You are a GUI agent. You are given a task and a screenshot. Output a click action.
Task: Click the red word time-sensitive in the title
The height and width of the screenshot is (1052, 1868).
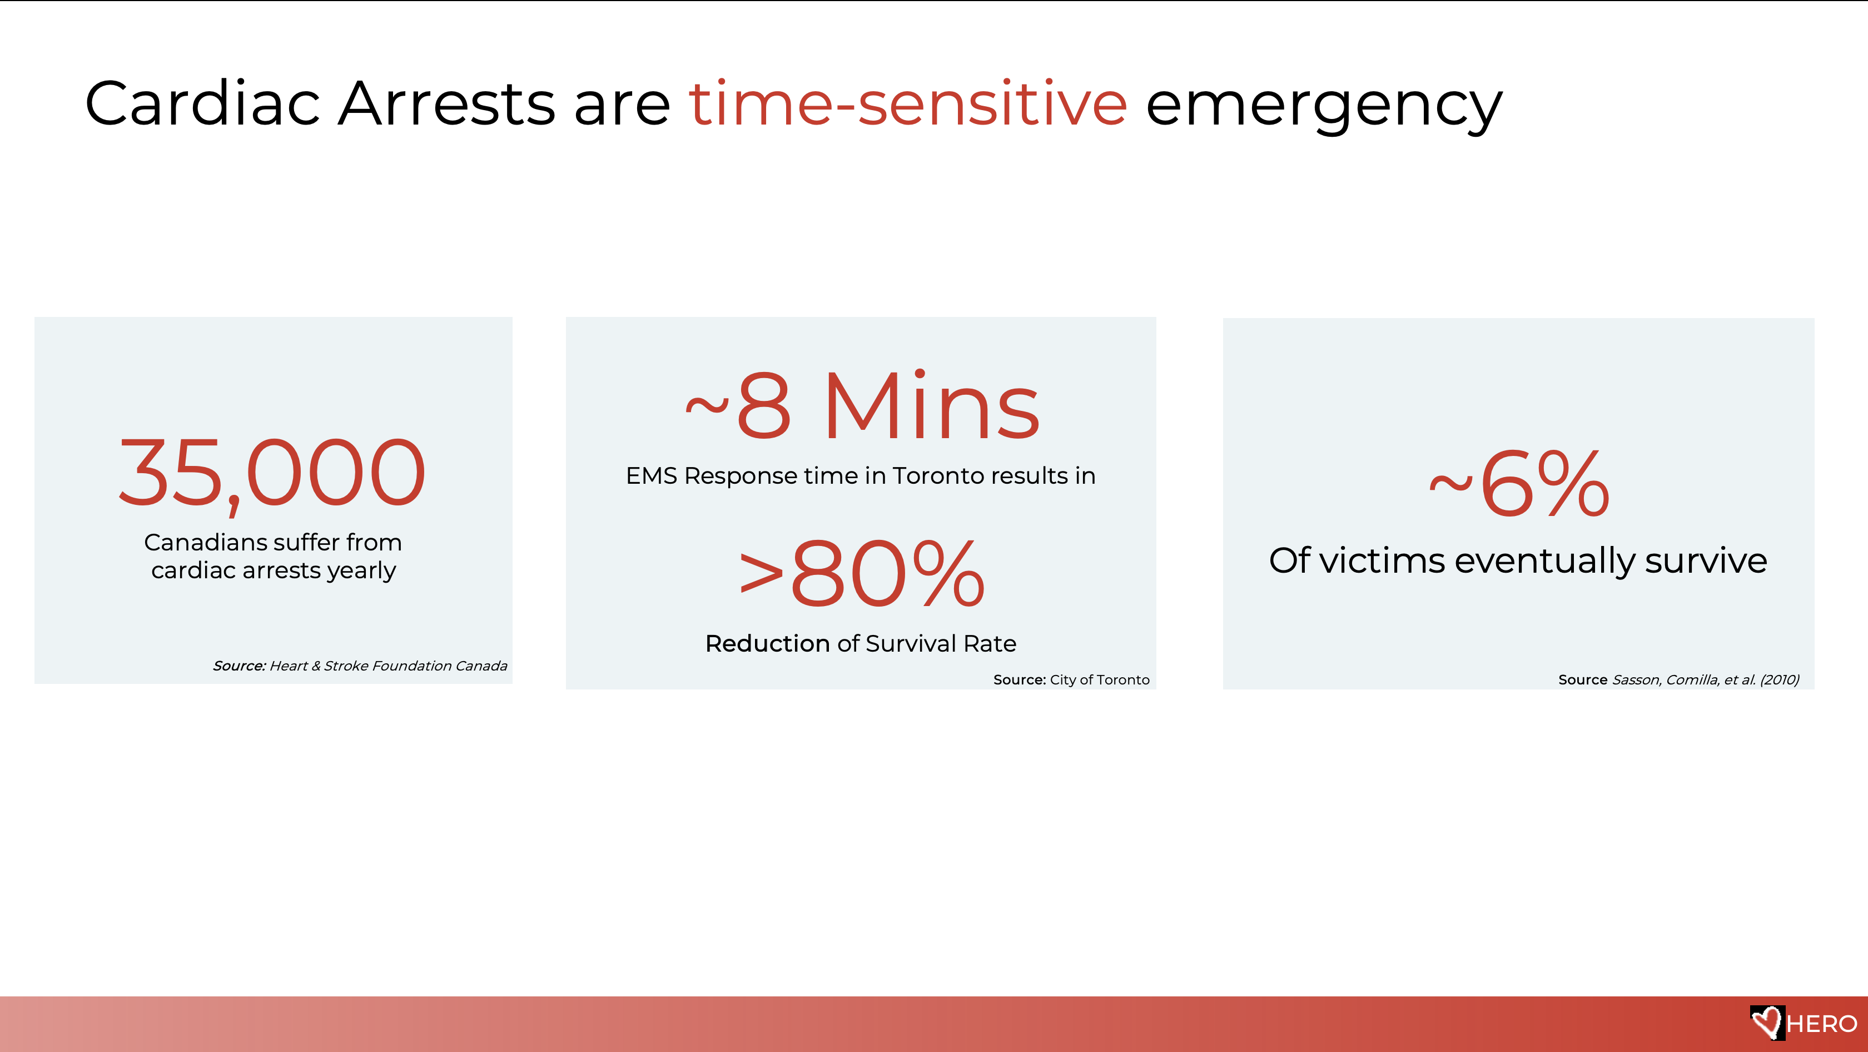pyautogui.click(x=908, y=103)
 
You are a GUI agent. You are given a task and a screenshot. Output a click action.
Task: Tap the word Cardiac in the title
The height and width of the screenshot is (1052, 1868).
pyautogui.click(x=202, y=103)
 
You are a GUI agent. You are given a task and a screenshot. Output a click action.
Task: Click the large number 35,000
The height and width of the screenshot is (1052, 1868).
pyautogui.click(x=272, y=475)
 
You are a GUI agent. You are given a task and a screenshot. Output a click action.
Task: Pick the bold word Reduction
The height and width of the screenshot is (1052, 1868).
pyautogui.click(x=767, y=643)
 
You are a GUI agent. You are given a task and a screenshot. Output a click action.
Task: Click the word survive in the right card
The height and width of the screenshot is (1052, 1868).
pyautogui.click(x=1706, y=560)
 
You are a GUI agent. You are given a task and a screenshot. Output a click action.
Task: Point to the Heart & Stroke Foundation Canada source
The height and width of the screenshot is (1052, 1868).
pyautogui.click(x=360, y=666)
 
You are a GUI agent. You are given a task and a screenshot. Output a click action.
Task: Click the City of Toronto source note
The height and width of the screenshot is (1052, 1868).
pyautogui.click(x=1071, y=679)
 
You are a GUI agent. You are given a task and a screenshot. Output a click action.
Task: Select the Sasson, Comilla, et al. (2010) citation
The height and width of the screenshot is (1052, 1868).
pyautogui.click(x=1706, y=679)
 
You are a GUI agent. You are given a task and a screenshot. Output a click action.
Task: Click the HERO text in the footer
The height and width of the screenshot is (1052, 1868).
pyautogui.click(x=1822, y=1024)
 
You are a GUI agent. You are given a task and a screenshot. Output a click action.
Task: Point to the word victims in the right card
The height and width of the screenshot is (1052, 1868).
pyautogui.click(x=1382, y=560)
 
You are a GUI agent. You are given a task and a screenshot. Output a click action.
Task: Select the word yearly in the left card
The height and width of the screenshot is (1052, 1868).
pyautogui.click(x=361, y=571)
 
